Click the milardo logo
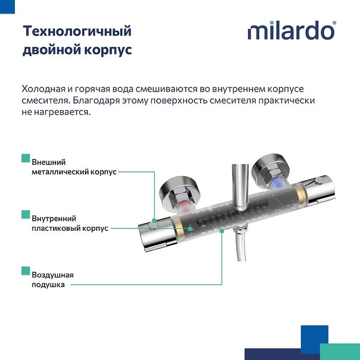tap(290, 32)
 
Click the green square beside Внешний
tap(25, 158)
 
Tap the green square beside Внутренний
tap(25, 214)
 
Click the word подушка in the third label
tap(48, 284)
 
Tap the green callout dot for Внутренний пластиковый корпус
tap(190, 229)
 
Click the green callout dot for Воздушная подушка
tap(222, 230)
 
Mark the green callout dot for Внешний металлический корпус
tap(154, 220)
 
